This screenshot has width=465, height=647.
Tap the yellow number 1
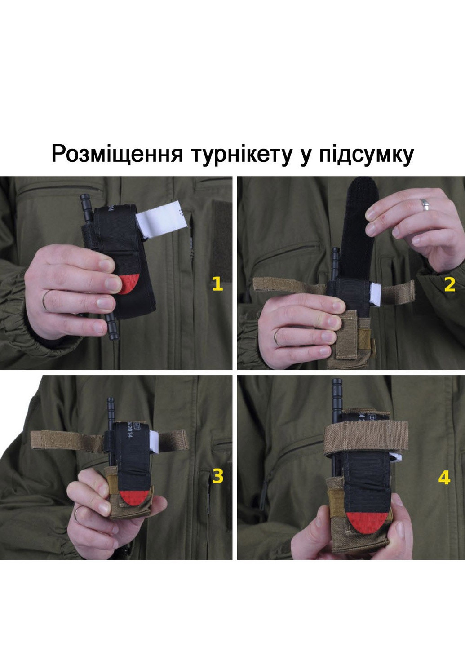pos(217,284)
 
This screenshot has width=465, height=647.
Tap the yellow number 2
pos(449,284)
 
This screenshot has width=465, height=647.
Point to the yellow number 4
pos(444,477)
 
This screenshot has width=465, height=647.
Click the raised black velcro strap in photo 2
pos(358,225)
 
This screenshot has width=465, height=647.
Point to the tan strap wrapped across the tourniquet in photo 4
pos(366,434)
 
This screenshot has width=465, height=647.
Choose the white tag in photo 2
pos(375,294)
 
